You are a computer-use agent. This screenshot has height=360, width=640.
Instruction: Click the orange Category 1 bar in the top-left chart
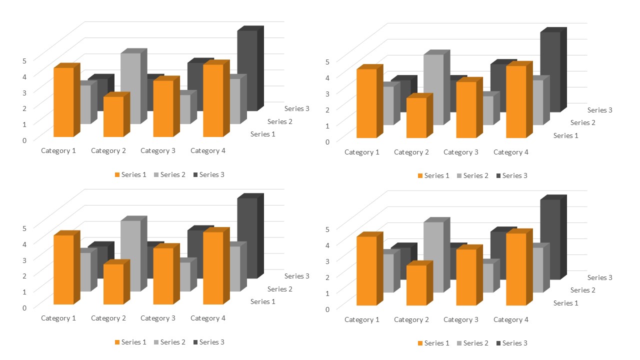(63, 102)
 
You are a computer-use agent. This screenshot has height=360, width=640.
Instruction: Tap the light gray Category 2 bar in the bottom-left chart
(130, 255)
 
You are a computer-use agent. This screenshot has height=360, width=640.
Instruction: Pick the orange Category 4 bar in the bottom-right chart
(516, 270)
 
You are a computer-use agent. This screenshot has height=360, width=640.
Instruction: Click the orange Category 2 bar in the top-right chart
(416, 118)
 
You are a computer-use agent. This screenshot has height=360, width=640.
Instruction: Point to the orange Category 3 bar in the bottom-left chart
(163, 276)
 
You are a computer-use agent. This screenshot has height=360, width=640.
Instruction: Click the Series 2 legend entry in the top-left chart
(170, 174)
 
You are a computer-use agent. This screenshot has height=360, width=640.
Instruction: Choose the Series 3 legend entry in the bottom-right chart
(512, 343)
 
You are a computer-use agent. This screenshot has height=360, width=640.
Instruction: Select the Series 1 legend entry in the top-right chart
(434, 175)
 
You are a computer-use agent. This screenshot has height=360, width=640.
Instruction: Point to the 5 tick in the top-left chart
(24, 61)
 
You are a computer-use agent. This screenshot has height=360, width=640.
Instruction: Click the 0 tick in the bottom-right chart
(327, 309)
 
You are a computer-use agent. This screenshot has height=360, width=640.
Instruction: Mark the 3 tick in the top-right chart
(327, 93)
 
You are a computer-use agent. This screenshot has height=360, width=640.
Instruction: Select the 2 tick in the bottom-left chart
(24, 275)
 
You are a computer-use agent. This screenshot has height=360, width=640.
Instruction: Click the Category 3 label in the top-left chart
(158, 150)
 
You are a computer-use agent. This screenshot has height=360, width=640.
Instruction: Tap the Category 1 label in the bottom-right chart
(361, 319)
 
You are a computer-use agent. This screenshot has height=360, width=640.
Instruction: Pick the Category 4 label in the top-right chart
(510, 152)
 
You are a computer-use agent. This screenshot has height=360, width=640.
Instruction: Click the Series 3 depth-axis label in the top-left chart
(297, 108)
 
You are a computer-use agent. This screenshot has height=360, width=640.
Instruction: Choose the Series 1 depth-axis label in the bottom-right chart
(566, 303)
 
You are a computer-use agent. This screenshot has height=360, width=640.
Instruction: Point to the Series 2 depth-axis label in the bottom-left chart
(280, 289)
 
